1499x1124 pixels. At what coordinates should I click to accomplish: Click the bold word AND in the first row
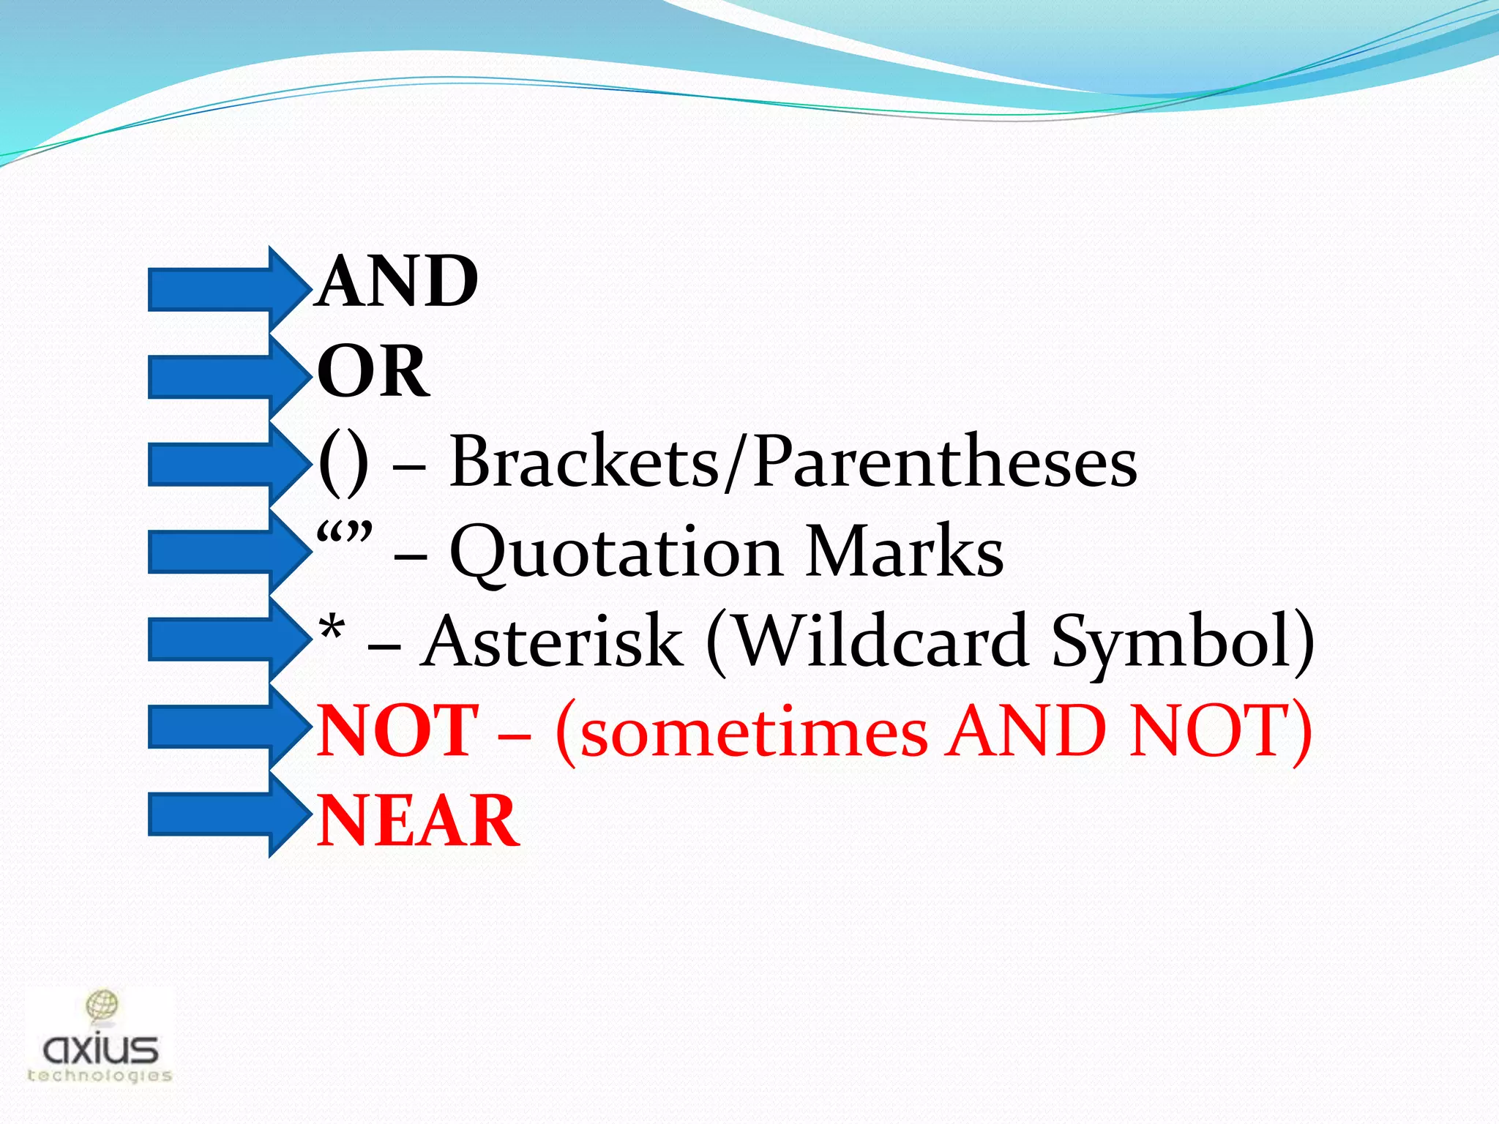click(x=399, y=282)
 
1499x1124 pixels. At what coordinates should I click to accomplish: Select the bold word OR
click(x=373, y=372)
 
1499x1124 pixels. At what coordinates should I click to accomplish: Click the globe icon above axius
click(x=102, y=1005)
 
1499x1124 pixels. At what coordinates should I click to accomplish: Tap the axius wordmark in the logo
click(x=100, y=1050)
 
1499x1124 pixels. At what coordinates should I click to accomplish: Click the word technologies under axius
click(x=100, y=1076)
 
